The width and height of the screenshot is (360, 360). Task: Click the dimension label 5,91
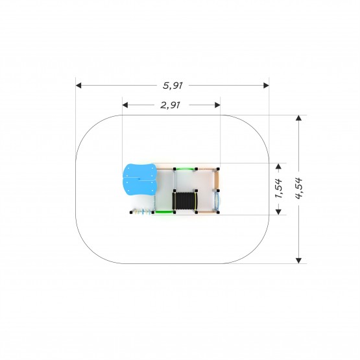point(173,86)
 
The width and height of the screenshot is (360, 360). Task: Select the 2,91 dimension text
point(170,105)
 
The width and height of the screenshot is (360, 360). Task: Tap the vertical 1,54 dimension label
point(279,188)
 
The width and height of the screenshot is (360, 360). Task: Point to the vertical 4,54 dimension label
point(298,188)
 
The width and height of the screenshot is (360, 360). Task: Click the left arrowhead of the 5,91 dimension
point(78,86)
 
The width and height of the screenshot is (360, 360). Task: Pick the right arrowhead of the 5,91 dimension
point(266,86)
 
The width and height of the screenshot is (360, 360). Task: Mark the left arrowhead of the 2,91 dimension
point(125,105)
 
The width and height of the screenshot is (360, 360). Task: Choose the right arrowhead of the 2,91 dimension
point(217,105)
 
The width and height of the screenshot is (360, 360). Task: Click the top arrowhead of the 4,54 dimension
point(298,118)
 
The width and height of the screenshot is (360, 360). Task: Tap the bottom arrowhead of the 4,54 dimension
point(298,261)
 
